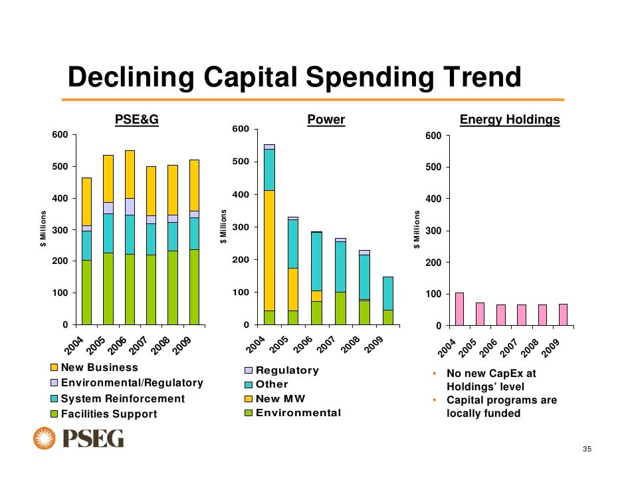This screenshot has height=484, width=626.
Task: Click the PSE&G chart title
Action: [136, 120]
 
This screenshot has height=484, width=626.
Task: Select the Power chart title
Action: [326, 120]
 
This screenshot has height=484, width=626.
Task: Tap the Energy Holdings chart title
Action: [510, 120]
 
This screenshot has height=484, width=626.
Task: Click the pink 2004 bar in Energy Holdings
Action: [459, 308]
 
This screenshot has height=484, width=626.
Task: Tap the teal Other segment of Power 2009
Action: [388, 293]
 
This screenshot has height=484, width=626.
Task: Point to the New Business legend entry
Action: [99, 368]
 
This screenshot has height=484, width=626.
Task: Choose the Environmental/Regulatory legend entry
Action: [132, 383]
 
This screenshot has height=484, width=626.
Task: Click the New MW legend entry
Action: [277, 398]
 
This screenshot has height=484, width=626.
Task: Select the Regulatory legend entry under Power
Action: [287, 370]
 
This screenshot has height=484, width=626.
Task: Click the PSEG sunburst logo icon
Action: [45, 439]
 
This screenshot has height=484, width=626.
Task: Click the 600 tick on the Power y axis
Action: [241, 129]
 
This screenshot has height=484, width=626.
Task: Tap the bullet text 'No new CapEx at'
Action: [490, 374]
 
